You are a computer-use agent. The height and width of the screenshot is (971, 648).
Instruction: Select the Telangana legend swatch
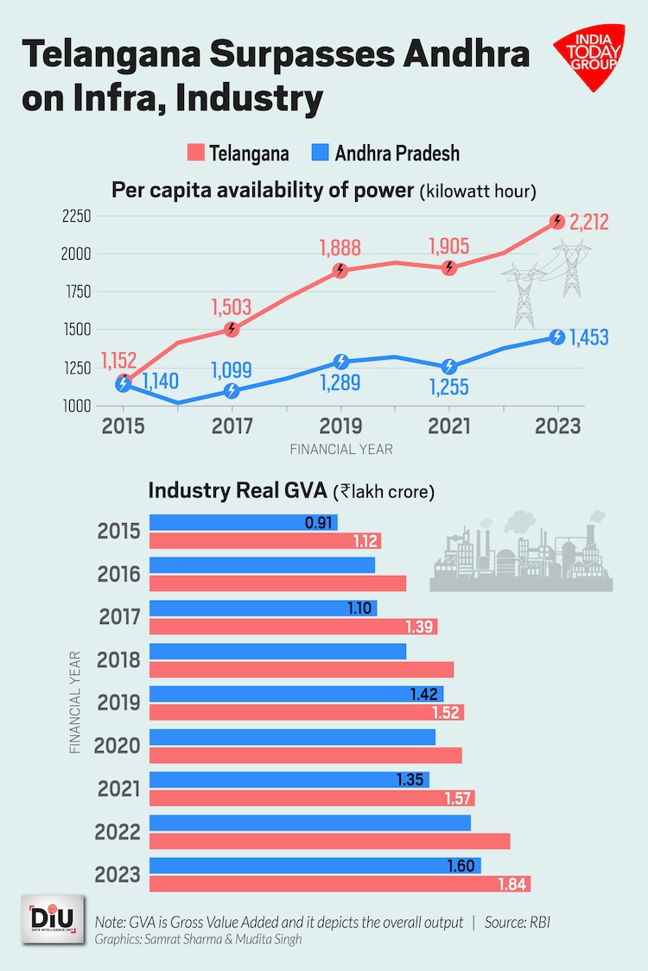pyautogui.click(x=195, y=154)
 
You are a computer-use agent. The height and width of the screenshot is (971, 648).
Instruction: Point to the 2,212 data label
pyautogui.click(x=588, y=222)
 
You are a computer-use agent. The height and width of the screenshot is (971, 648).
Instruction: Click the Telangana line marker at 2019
pyautogui.click(x=340, y=270)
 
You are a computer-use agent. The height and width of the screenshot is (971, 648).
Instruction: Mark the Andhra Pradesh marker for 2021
pyautogui.click(x=449, y=367)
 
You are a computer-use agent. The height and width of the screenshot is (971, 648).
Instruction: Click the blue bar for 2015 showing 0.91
pyautogui.click(x=243, y=522)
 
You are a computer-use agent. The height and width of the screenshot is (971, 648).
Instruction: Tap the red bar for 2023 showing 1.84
pyautogui.click(x=340, y=884)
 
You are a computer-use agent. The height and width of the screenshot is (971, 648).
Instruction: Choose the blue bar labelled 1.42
pyautogui.click(x=296, y=694)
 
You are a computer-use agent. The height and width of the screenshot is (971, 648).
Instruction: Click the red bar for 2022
pyautogui.click(x=329, y=841)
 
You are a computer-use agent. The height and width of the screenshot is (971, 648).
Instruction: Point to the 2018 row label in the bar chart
pyautogui.click(x=120, y=659)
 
